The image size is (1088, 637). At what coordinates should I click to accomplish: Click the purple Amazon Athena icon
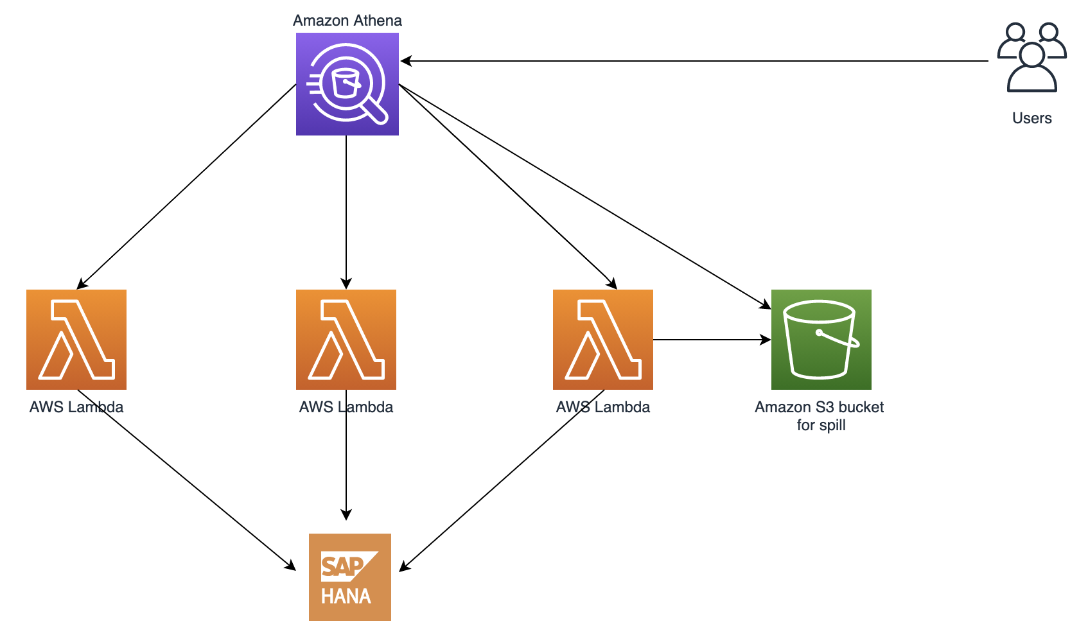(347, 84)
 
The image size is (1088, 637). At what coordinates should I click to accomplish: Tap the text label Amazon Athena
(347, 21)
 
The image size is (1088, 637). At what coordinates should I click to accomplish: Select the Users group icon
(1032, 57)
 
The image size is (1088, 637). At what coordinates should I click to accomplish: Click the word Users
(1031, 118)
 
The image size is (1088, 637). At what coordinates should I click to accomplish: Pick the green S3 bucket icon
(821, 340)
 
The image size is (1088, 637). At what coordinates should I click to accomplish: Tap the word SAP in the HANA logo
(342, 566)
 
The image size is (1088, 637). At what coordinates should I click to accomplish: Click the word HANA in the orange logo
(346, 596)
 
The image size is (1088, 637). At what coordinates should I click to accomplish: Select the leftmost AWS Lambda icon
(76, 340)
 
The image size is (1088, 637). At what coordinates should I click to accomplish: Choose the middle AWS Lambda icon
(346, 340)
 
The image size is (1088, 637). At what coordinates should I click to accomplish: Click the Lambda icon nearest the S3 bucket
(603, 340)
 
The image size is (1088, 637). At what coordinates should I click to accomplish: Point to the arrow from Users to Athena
(694, 61)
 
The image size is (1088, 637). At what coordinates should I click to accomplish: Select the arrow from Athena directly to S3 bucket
(585, 196)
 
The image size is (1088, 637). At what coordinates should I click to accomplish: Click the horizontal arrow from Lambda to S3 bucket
(712, 340)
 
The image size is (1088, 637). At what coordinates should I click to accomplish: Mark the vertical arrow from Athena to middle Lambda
(346, 212)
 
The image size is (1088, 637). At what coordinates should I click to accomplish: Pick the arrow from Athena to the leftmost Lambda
(186, 186)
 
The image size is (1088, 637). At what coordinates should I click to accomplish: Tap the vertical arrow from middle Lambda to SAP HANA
(346, 455)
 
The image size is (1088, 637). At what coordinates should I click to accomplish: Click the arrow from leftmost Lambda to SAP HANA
(186, 480)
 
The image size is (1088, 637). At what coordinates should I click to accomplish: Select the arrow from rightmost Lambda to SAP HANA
(502, 481)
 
